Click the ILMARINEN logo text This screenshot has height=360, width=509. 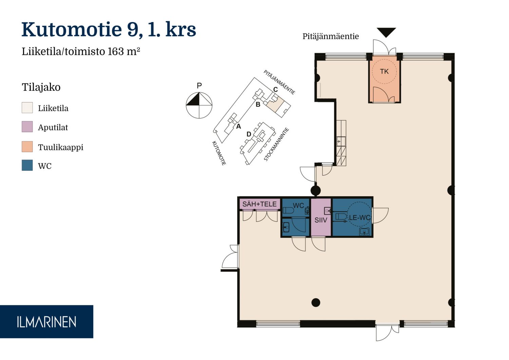(46, 322)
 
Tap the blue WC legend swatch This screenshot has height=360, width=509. (27, 165)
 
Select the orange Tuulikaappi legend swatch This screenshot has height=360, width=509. (27, 146)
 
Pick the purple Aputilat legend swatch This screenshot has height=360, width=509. (27, 127)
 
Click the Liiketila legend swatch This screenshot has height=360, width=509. (27, 108)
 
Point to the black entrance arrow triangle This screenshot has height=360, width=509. (386, 32)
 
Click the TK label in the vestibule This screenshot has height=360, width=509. (384, 71)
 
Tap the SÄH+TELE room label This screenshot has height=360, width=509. (259, 204)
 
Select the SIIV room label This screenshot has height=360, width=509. (321, 220)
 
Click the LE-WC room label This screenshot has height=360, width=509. (359, 218)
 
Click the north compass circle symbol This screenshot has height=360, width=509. (199, 105)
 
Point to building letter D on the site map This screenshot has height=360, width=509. (249, 134)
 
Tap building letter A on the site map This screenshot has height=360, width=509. (238, 126)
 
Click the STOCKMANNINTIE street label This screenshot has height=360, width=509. (276, 144)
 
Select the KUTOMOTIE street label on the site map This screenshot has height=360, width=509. (219, 153)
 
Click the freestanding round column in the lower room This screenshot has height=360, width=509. (316, 303)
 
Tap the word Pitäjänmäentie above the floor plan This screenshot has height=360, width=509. (331, 36)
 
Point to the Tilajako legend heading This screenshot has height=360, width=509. (41, 87)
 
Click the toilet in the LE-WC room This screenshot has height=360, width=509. (341, 217)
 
